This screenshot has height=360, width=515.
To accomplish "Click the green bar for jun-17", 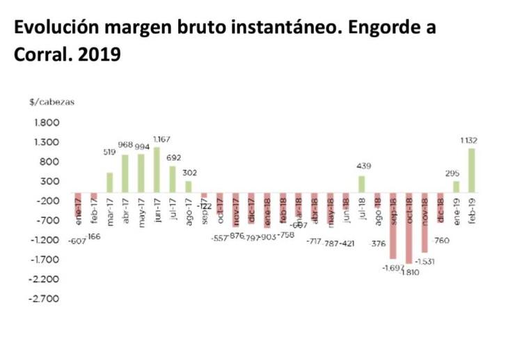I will click(157, 170).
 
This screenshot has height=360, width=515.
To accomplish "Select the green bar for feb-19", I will click(472, 171).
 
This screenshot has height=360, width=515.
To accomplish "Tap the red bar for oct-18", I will click(409, 228).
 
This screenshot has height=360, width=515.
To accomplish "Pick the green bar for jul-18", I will click(361, 185).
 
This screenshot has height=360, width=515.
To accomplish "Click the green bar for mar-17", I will click(109, 182).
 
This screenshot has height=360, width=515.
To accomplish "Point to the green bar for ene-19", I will click(456, 187).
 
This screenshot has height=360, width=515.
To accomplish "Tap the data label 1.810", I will click(412, 272).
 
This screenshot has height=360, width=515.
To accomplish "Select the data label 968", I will click(125, 145).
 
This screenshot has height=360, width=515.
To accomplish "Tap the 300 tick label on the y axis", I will click(51, 181).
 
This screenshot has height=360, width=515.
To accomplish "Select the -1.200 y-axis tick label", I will click(44, 240).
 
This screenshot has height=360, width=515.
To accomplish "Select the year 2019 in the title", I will click(101, 54).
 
